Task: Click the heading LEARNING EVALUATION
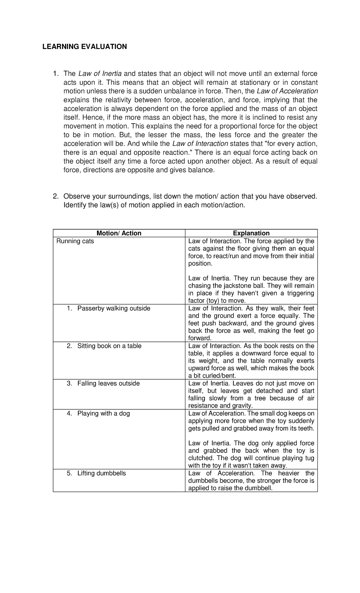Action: pos(84,47)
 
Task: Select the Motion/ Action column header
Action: pos(119,233)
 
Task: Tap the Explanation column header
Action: pos(251,233)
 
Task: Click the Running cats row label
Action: pos(75,241)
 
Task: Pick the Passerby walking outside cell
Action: pos(113,308)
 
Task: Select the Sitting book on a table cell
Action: pos(109,346)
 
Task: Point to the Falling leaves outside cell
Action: pos(108,383)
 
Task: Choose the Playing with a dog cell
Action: pos(103,413)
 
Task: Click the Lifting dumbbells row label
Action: pos(101,473)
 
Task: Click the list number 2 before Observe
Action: pos(55,196)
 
